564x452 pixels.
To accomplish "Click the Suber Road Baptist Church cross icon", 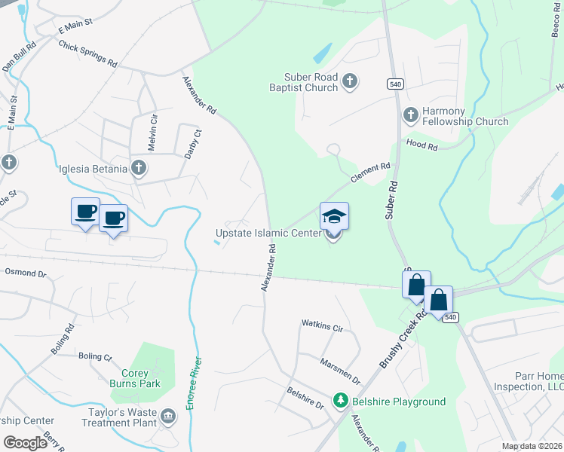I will (x=349, y=81).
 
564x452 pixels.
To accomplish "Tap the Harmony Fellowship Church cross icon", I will (x=411, y=115).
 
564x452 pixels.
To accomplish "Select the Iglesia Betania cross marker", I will (x=139, y=168).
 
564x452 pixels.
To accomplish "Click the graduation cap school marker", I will (x=334, y=217).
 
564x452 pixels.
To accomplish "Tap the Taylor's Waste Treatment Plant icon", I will (x=168, y=415).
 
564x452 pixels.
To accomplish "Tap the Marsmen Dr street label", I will (x=340, y=371).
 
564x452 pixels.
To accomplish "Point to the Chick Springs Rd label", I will (x=87, y=54).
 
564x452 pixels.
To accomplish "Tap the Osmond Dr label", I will (x=26, y=274).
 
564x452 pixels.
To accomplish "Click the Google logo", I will (x=26, y=443).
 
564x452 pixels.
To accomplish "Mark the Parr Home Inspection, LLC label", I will (x=532, y=381).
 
